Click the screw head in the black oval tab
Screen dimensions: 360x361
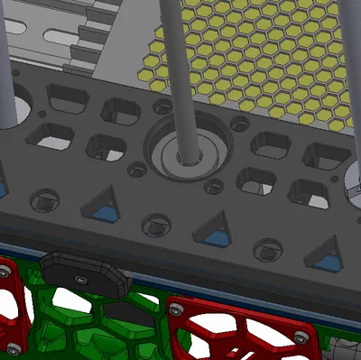pos(83,277)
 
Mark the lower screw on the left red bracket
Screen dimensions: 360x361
pos(14,347)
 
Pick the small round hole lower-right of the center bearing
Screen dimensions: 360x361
pos(214,187)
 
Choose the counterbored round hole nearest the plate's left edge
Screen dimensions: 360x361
pos(43,198)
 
